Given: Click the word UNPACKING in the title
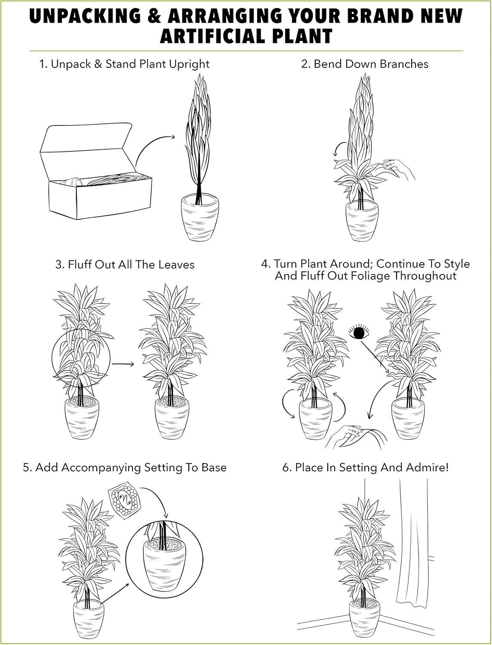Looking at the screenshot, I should coord(85,16).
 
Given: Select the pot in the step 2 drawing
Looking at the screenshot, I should coord(363,221).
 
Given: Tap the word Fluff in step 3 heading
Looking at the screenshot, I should coord(80,264).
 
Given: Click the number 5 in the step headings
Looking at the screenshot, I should coord(27,467).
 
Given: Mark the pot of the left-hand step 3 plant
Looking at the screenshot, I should coord(82,419).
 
